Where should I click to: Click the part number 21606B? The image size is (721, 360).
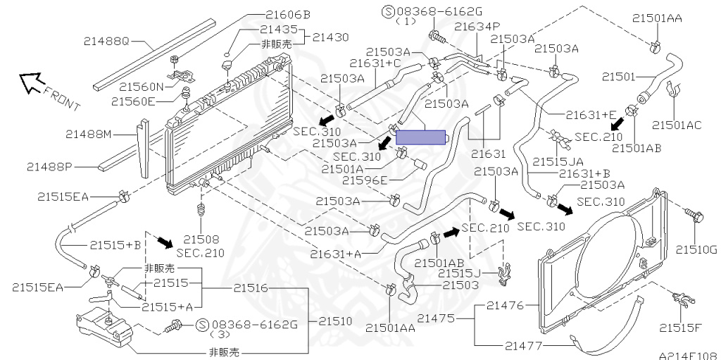[288, 15]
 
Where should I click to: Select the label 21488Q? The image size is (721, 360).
[106, 41]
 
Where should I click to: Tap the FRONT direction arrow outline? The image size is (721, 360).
[32, 83]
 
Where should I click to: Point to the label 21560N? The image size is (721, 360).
[142, 86]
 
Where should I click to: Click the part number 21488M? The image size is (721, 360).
[88, 135]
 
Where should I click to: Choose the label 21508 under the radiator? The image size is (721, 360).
[201, 240]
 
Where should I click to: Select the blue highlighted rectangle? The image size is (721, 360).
[421, 137]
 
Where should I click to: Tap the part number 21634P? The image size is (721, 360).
[477, 26]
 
